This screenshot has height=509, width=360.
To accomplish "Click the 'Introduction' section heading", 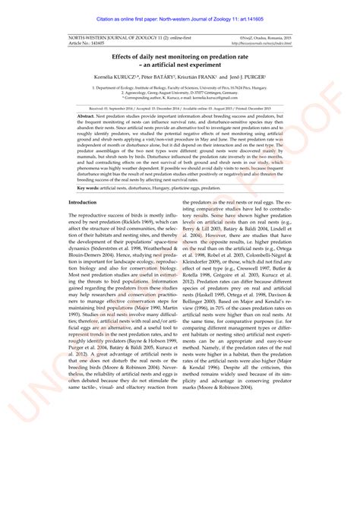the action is point(83,203).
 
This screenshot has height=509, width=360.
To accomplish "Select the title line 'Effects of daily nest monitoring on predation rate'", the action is point(180,56).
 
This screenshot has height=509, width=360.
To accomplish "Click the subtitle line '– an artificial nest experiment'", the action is point(180,64).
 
